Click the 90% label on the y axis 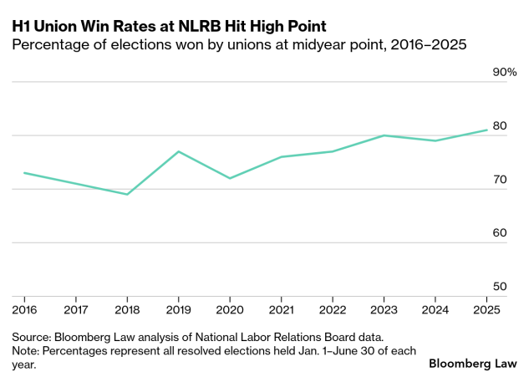[504, 73]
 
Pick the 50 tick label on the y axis [500, 287]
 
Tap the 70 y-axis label [500, 180]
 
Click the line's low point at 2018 [127, 194]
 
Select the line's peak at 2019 [178, 151]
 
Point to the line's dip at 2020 [230, 178]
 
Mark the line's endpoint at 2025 [487, 130]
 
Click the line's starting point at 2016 [24, 173]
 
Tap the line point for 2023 [384, 135]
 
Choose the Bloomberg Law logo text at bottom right [472, 364]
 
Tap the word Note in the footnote [26, 350]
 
